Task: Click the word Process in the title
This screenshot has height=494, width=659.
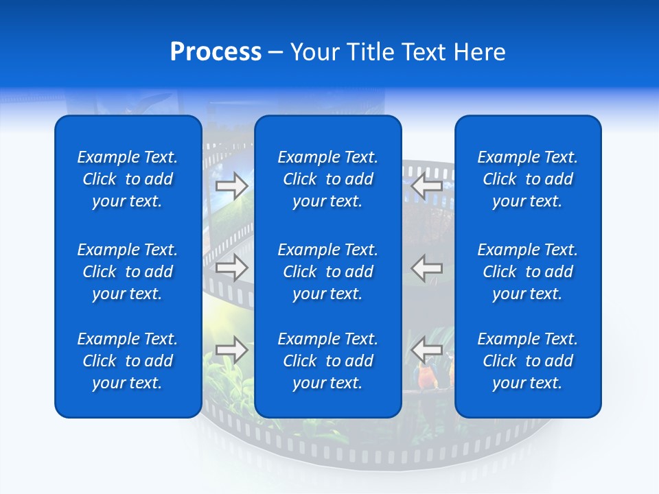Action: pos(216,52)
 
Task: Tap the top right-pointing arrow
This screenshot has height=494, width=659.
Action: pos(231,185)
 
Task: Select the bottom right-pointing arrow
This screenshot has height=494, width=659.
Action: pos(231,349)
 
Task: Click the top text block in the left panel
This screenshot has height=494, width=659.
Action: pos(128,179)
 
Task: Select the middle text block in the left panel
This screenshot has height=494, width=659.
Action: pos(128,272)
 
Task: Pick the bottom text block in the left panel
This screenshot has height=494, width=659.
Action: pos(128,361)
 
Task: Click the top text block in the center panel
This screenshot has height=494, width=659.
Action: pos(327,179)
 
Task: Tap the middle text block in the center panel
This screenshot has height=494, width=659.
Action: pos(327,272)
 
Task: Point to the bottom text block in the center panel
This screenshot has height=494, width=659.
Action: pos(327,361)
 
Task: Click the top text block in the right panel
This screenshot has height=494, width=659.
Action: pos(527,179)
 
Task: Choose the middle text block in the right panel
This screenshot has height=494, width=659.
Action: pos(527,272)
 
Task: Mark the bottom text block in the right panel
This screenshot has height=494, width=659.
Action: pos(527,361)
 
